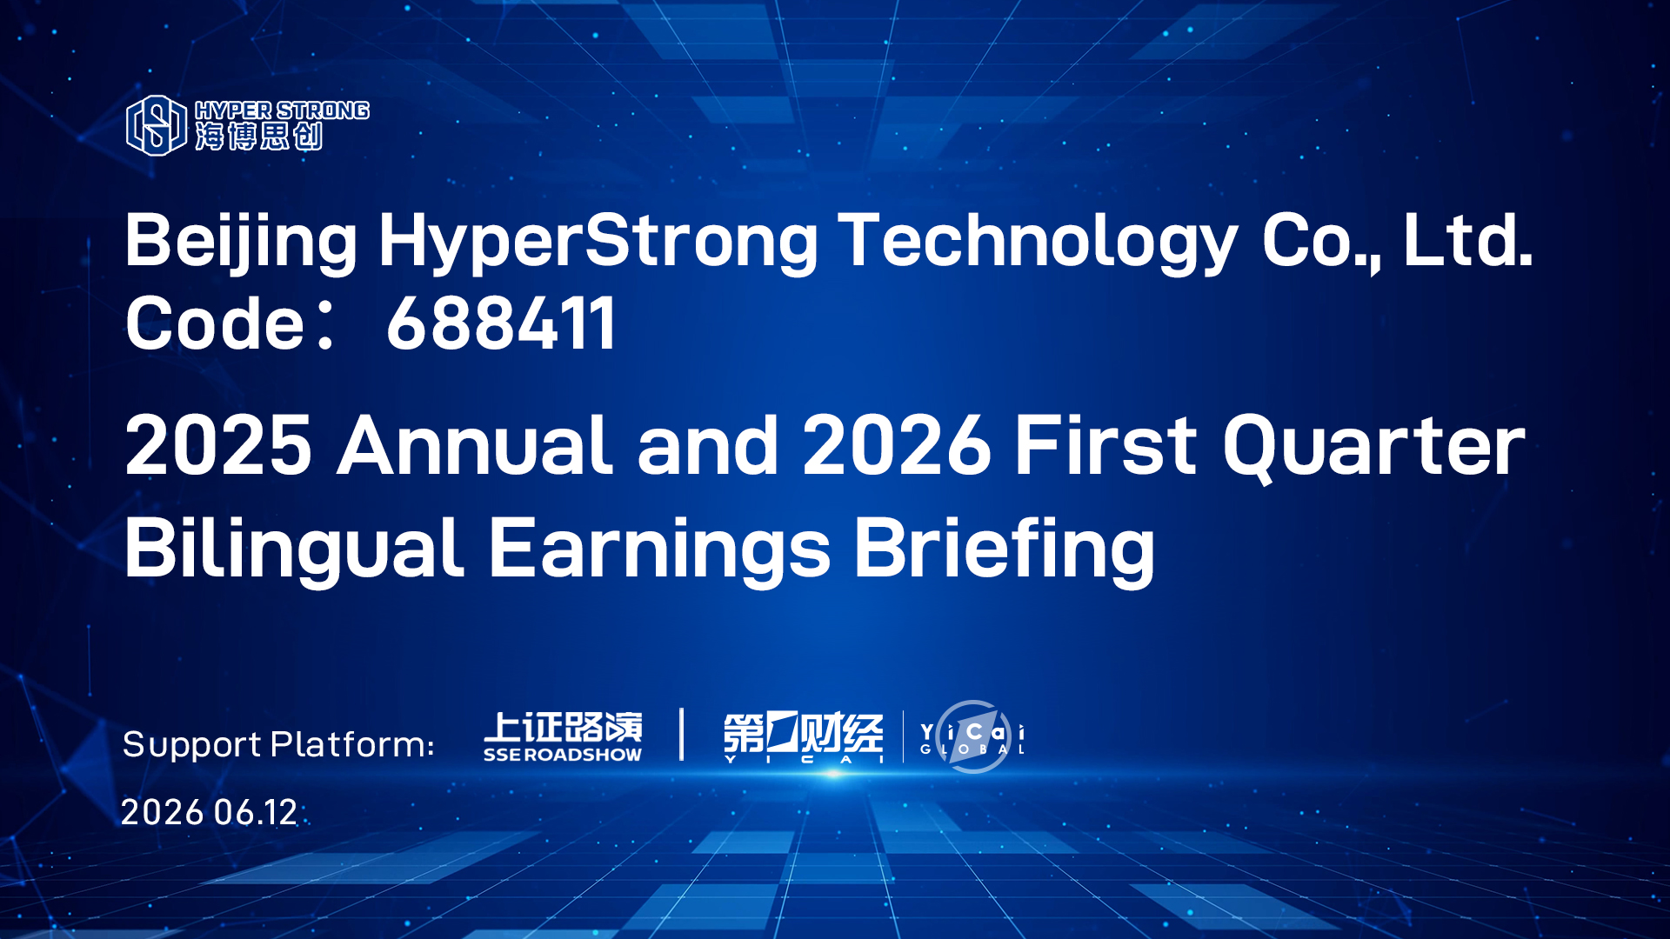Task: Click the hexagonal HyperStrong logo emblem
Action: [157, 125]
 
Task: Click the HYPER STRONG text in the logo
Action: [282, 110]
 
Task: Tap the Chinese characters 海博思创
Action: [259, 137]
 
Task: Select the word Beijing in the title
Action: [241, 242]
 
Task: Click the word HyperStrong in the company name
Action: [598, 242]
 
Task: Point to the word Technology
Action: [1039, 242]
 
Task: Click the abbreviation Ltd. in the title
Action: [1468, 239]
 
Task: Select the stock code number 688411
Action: [501, 323]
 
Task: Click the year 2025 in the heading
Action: [218, 445]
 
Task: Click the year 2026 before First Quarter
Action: [897, 445]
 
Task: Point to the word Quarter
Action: [1374, 447]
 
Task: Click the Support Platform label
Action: [278, 745]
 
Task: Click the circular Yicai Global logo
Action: [972, 737]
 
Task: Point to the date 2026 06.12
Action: [209, 812]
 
